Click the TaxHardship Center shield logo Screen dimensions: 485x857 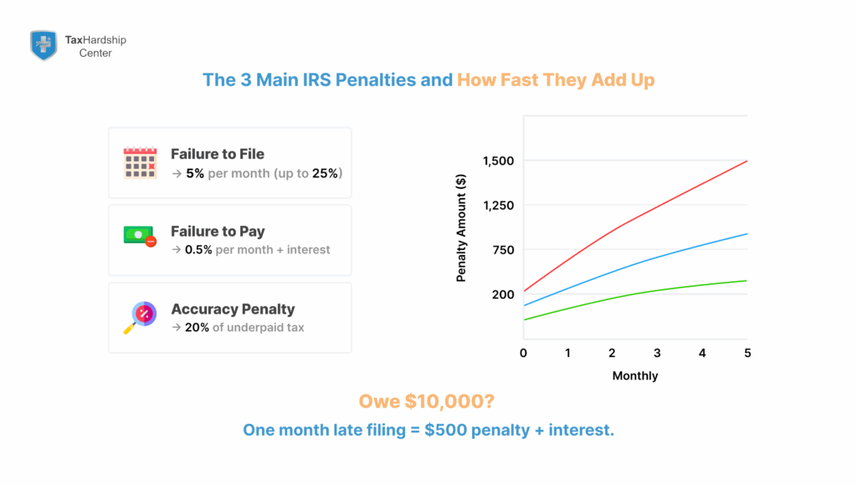[44, 45]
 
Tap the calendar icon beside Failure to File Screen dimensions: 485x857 [140, 163]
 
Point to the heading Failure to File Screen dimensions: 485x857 [217, 154]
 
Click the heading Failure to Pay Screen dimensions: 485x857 [218, 232]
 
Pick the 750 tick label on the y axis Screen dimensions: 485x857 [502, 250]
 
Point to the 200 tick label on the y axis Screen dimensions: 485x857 [502, 294]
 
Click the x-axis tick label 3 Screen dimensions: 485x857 [658, 353]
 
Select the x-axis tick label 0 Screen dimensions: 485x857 [523, 353]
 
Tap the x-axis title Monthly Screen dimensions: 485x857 [635, 376]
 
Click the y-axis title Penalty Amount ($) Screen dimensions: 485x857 [461, 227]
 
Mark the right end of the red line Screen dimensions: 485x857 [747, 161]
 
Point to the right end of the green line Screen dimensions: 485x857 [747, 281]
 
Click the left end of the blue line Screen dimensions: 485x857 [524, 305]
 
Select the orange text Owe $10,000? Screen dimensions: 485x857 [427, 401]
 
